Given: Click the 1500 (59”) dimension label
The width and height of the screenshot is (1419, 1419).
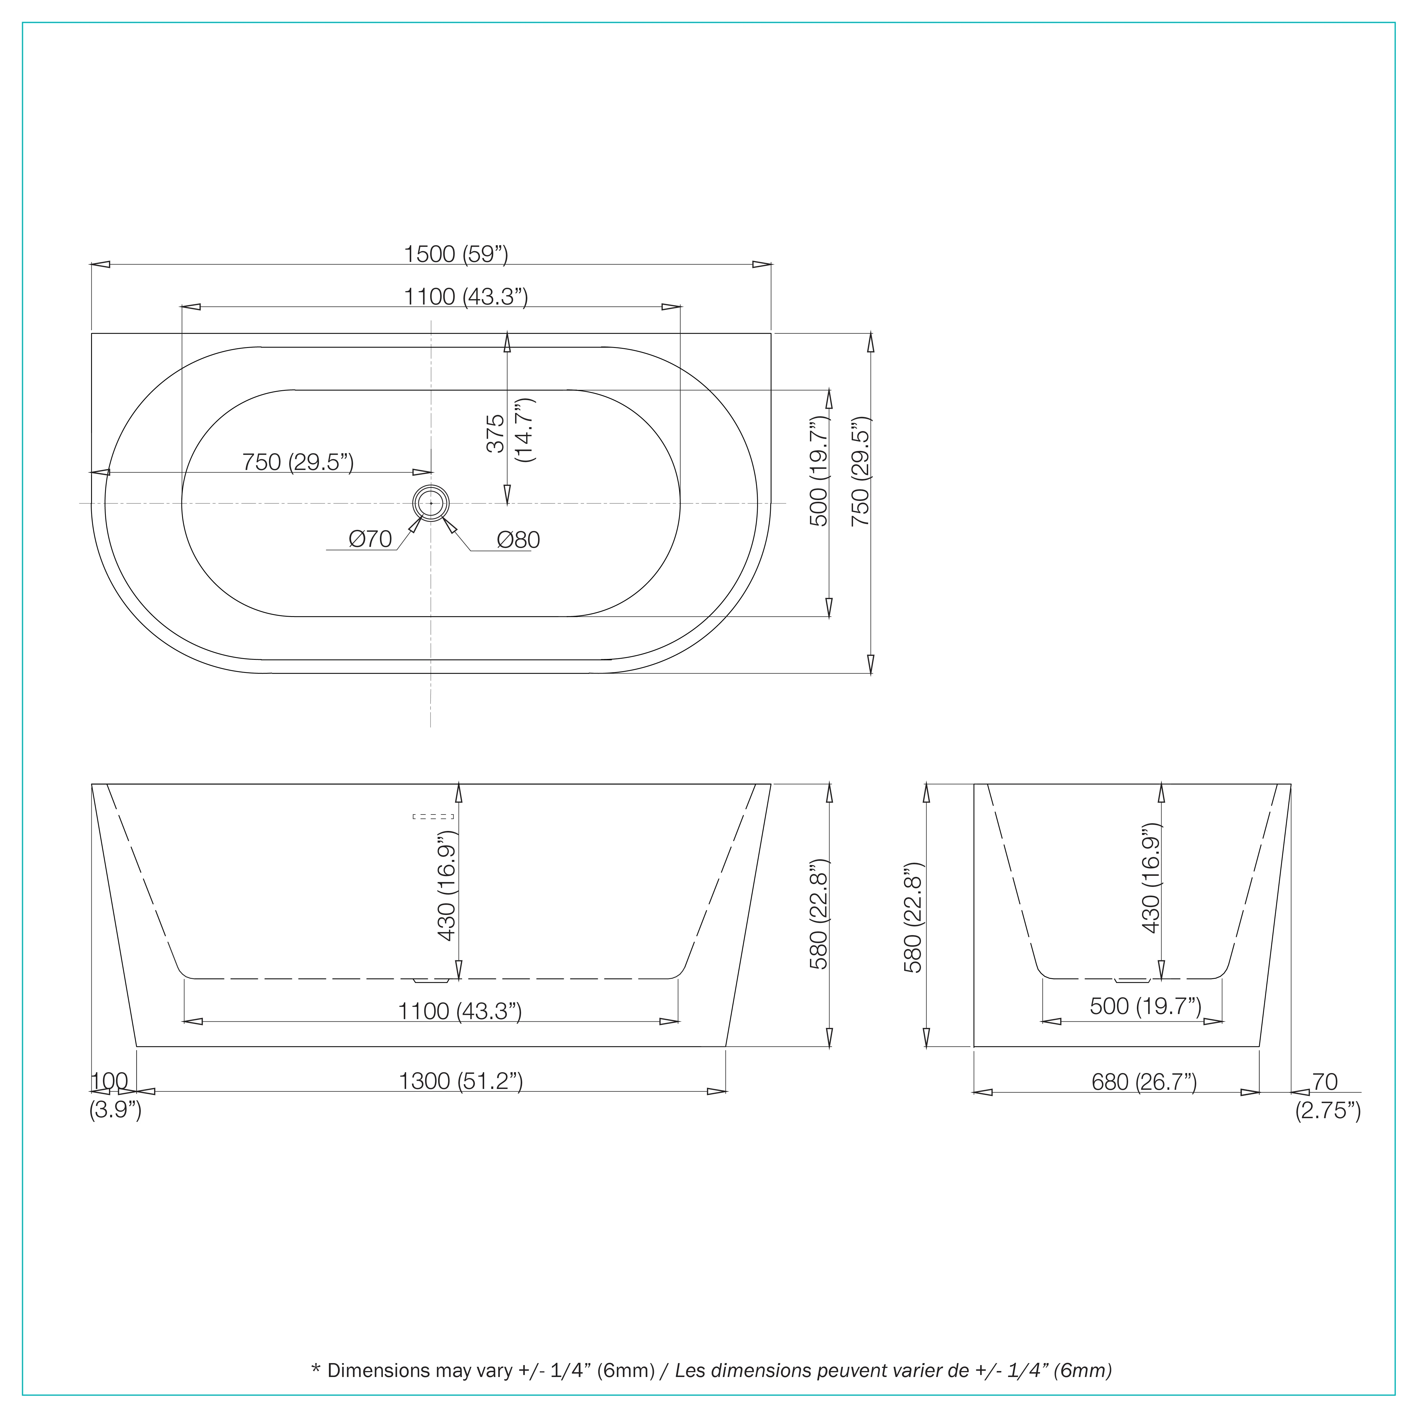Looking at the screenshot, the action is point(456,254).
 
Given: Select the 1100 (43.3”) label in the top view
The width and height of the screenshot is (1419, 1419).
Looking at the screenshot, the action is point(466,297).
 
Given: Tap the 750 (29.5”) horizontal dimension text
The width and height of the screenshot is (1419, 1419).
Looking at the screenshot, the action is point(298,462).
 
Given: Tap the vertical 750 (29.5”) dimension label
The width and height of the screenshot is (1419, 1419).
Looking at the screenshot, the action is point(860,471).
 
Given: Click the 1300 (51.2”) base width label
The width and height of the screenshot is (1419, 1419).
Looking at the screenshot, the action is point(461,1081).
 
